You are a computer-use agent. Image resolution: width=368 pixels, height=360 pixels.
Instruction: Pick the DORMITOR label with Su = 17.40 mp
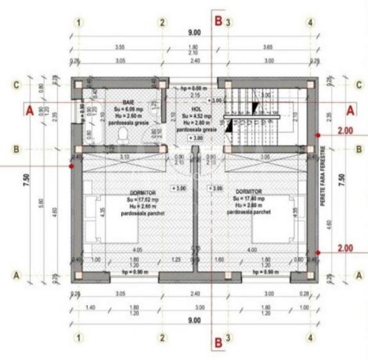pos(248,191)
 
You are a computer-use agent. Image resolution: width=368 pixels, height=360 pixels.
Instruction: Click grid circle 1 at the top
pos(78,22)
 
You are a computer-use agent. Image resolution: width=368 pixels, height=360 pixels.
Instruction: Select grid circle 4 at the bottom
pos(311,337)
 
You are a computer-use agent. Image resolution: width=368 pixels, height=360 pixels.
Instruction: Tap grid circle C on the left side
pos(17,85)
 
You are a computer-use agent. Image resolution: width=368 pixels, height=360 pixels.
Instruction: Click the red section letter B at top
pos(218,21)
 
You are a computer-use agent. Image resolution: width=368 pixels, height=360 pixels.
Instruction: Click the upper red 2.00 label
pos(345,131)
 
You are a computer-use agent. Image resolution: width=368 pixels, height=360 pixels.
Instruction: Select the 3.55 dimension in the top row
pos(119,47)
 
